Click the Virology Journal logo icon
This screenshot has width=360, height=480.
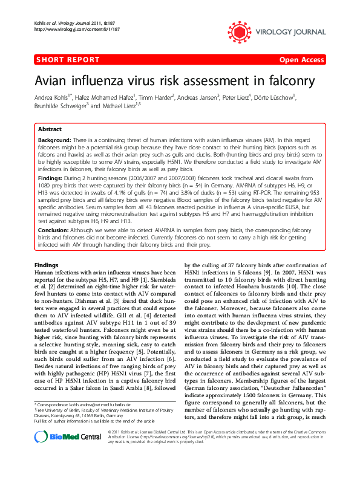(x=237, y=27)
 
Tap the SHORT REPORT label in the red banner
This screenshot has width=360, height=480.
(x=67, y=60)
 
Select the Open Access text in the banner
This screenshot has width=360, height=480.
(x=303, y=60)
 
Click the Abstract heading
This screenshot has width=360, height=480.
(x=49, y=130)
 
